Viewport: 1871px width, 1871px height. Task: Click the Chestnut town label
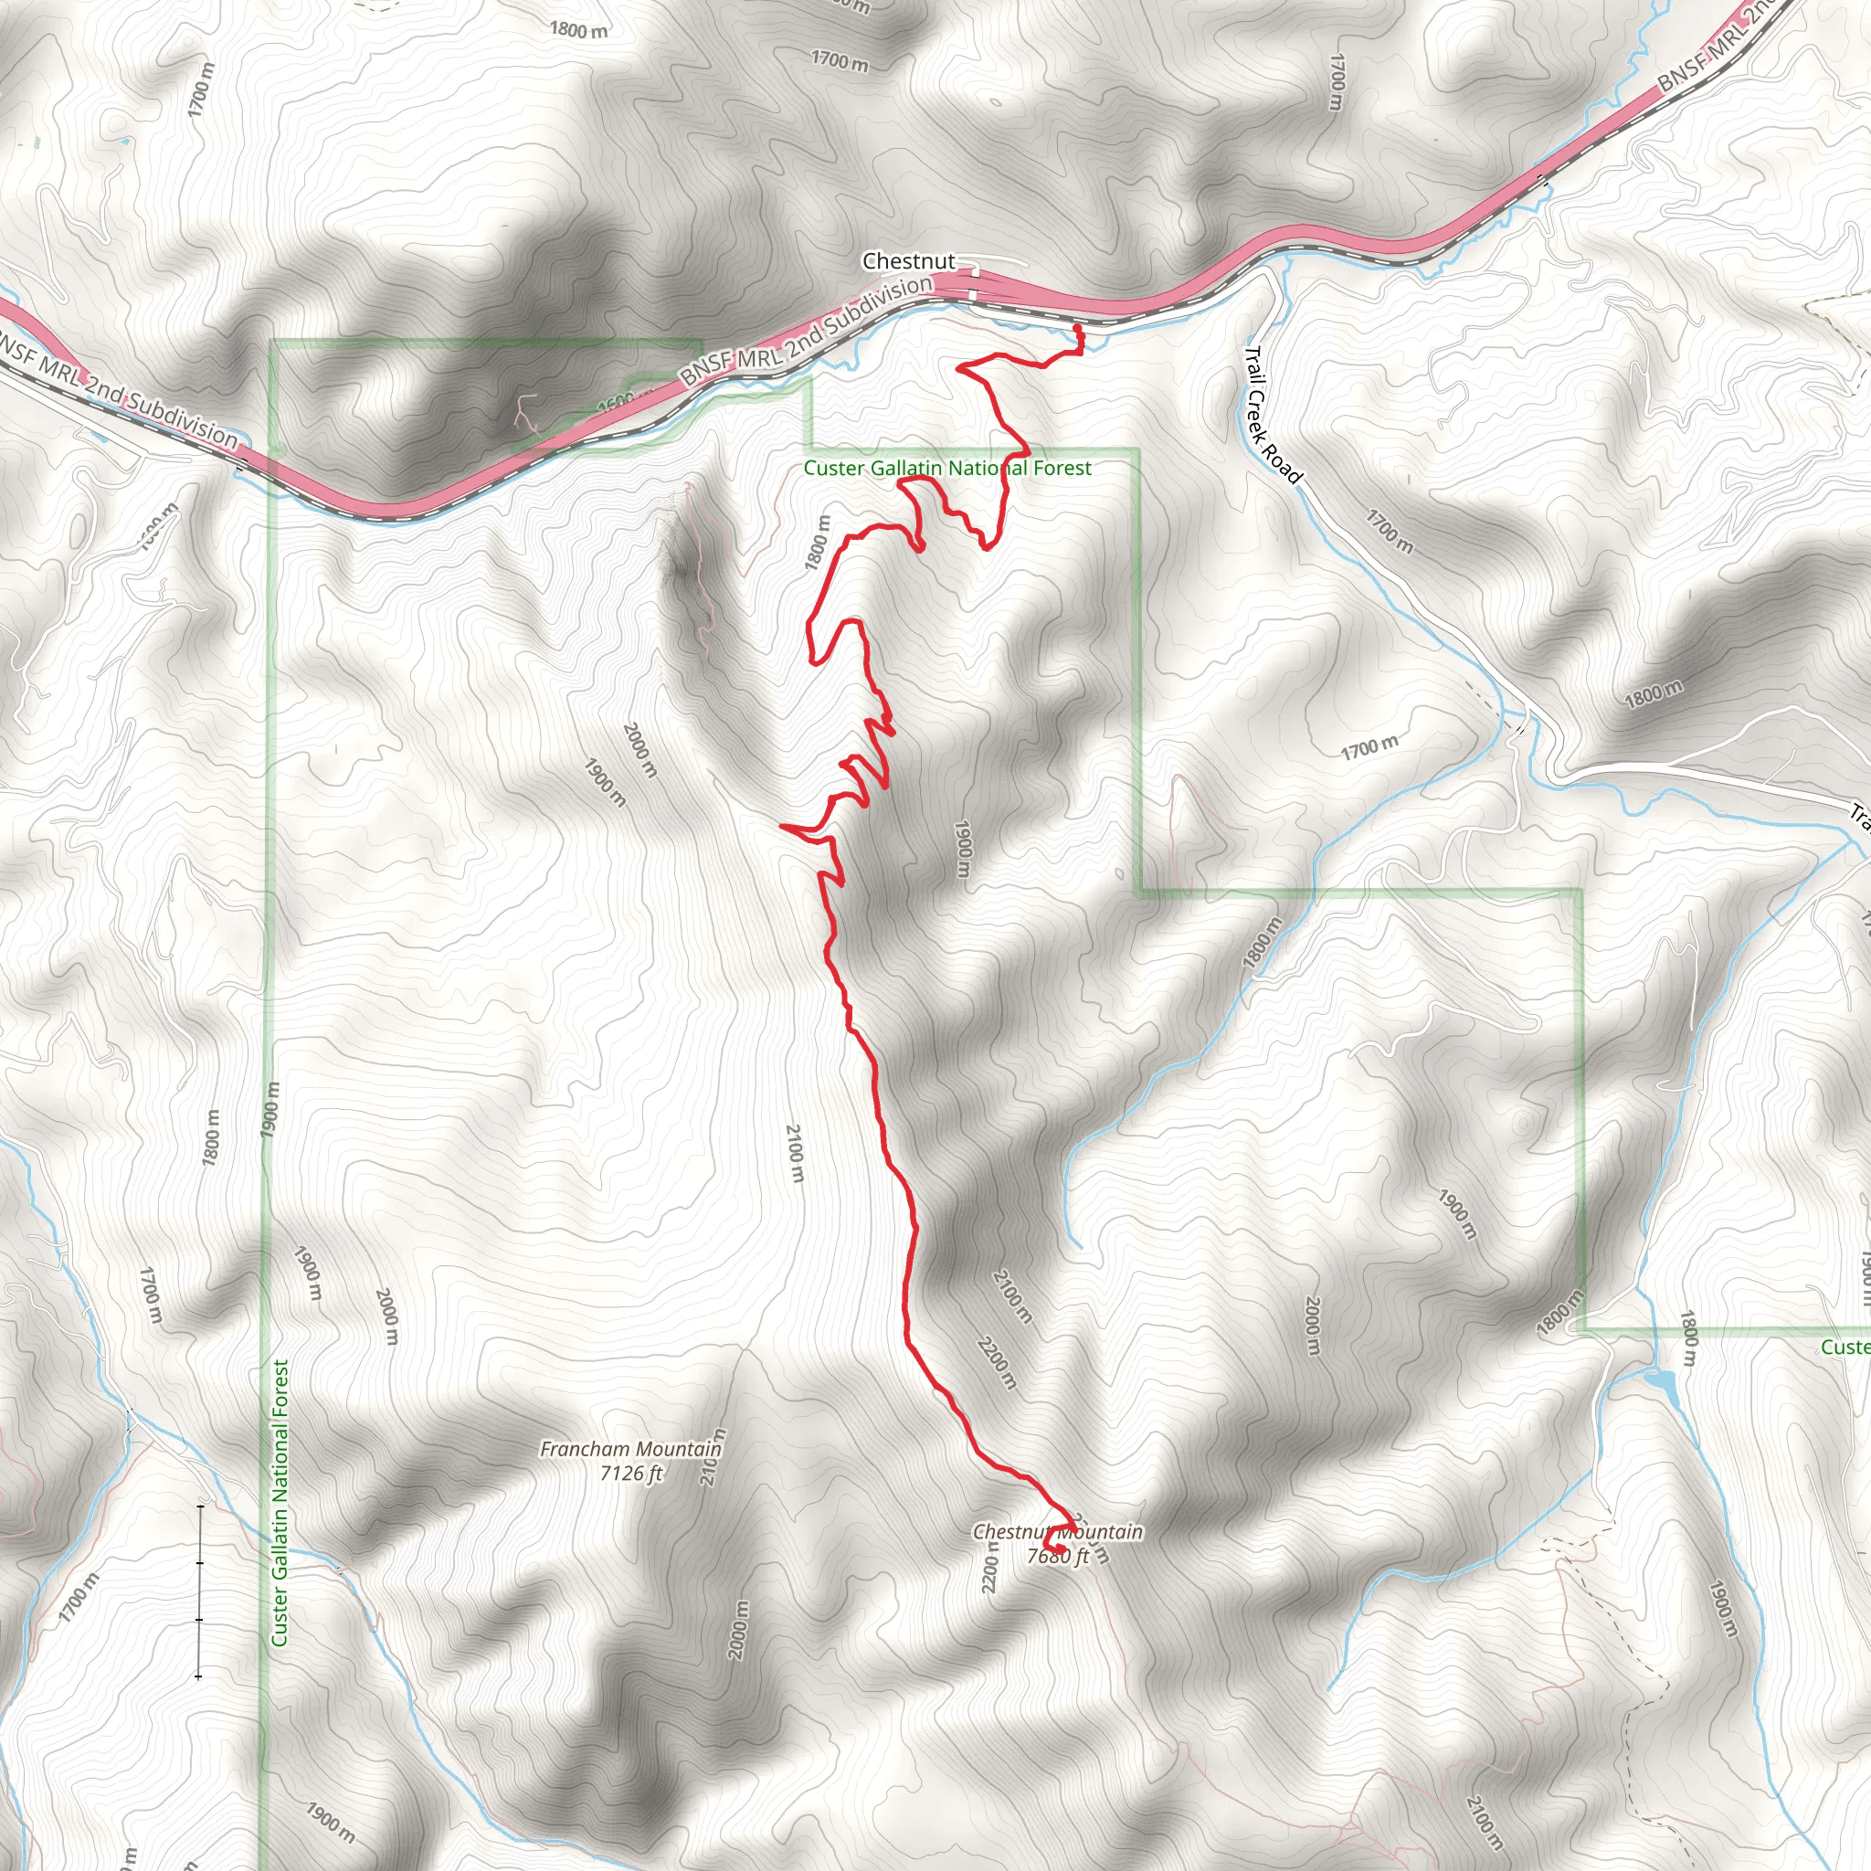coord(908,261)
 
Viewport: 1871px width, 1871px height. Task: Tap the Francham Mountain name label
coord(630,1449)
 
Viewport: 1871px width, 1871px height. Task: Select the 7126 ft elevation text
coord(631,1473)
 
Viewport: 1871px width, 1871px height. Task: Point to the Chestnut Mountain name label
coord(1058,1531)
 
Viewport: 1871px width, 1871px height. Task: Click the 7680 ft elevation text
coord(1058,1555)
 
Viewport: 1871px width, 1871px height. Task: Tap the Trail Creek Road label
coord(1272,415)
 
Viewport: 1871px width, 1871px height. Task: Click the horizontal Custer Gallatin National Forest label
coord(947,469)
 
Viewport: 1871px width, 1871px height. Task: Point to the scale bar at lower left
coord(198,1591)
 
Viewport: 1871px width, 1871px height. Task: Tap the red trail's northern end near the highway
coord(1078,330)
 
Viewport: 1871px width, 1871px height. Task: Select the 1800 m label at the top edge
coord(579,30)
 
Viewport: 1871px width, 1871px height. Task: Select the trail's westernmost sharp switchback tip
coord(780,826)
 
